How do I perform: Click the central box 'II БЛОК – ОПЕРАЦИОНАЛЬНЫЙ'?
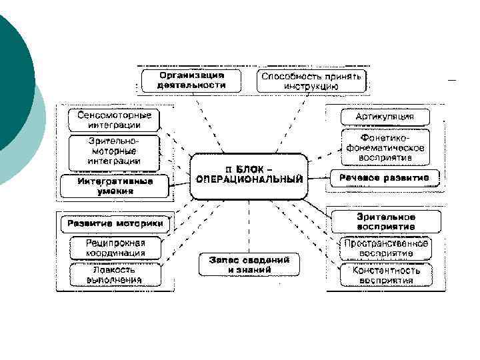249,175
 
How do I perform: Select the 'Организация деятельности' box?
191,81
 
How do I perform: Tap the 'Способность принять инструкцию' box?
311,81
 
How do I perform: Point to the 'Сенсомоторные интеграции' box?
114,120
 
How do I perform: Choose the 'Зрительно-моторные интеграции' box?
114,151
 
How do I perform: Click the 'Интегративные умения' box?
114,185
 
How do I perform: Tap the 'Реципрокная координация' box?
115,248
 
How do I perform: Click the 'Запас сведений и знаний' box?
249,265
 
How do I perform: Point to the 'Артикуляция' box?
385,117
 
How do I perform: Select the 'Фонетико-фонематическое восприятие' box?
385,148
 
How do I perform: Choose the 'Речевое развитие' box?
385,177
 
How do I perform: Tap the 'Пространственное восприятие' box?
385,248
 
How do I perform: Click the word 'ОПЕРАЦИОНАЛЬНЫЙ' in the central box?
249,180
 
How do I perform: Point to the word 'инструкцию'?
311,87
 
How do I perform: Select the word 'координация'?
115,253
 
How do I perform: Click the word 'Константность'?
386,271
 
